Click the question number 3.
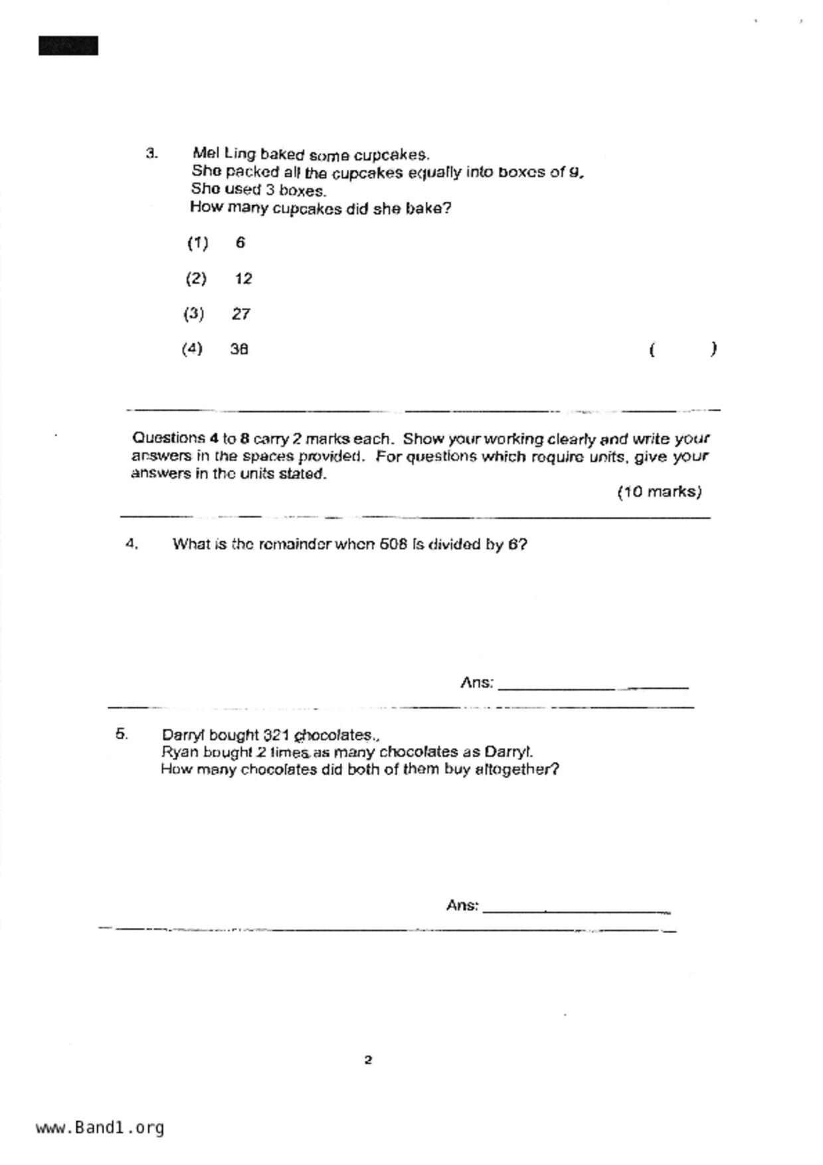[x=151, y=153]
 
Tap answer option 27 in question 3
[x=241, y=314]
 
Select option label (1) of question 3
[x=197, y=243]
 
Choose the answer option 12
[x=243, y=279]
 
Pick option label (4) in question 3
[x=192, y=349]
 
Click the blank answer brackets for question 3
[x=682, y=349]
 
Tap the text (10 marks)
[x=659, y=492]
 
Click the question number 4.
[x=132, y=544]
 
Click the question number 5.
[x=122, y=734]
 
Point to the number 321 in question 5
[x=276, y=735]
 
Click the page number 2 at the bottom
[x=368, y=1060]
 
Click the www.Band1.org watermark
[x=100, y=1128]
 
